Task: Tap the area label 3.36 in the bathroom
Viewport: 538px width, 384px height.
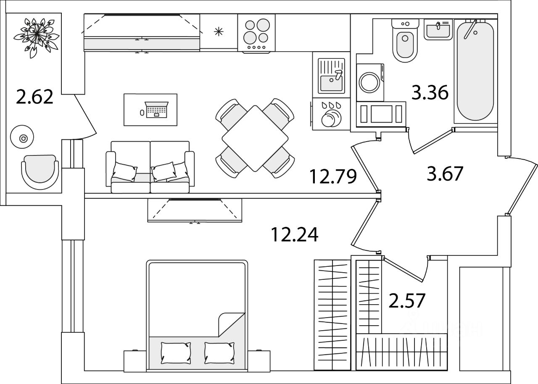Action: pos(430,93)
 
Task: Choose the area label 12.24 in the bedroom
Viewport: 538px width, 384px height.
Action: pos(294,234)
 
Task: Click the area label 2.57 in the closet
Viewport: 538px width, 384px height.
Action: pos(407,300)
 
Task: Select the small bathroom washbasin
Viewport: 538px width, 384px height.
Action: pos(438,29)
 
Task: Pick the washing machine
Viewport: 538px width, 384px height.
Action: pos(370,82)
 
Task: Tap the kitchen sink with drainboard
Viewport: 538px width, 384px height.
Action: pos(331,76)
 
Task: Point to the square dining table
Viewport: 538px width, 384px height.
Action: pos(255,138)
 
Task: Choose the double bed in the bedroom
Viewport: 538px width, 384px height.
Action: pos(197,315)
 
